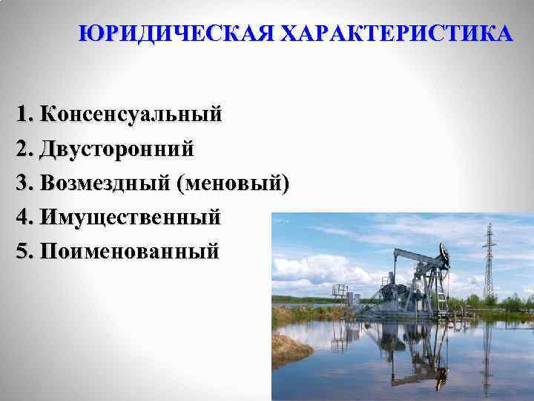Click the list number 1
click(x=22, y=114)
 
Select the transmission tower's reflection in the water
click(x=487, y=356)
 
